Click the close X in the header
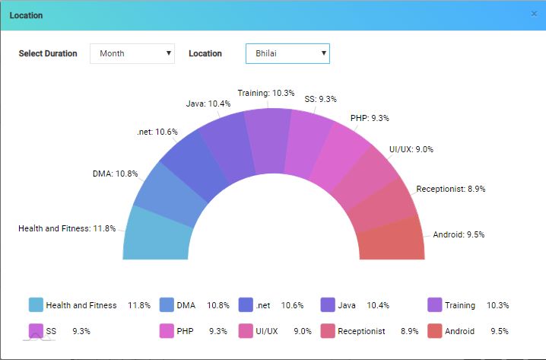click(x=534, y=14)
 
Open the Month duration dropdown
click(x=132, y=53)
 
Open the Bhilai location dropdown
click(x=287, y=53)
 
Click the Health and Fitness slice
click(x=155, y=231)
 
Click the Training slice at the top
click(x=268, y=142)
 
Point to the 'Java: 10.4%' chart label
click(x=209, y=104)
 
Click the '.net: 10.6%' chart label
click(x=157, y=132)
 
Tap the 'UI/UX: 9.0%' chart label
click(x=411, y=149)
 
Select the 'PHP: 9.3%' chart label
click(x=370, y=118)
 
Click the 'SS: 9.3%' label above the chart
click(x=320, y=99)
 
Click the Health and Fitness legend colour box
click(x=35, y=305)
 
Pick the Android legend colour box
click(x=434, y=331)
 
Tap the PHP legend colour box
click(x=167, y=331)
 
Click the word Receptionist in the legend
click(x=361, y=331)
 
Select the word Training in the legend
click(x=460, y=305)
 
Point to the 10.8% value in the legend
click(x=218, y=305)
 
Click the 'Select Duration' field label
click(x=48, y=53)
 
